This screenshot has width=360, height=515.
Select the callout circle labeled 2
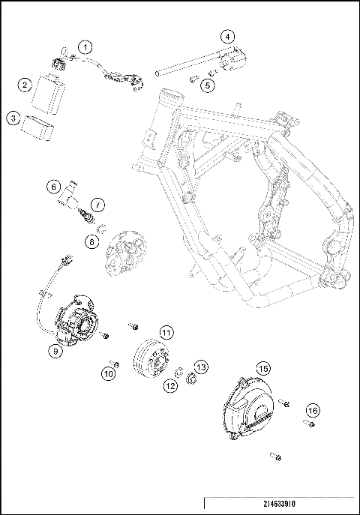point(25,85)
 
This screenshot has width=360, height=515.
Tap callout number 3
point(13,118)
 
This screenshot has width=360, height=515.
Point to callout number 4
point(227,36)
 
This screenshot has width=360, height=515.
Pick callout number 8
point(91,241)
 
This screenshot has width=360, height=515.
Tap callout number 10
point(110,373)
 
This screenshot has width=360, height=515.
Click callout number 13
point(201,367)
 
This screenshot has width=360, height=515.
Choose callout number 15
point(262,369)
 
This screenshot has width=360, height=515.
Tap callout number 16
point(312,410)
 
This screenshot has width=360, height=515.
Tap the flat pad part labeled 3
point(40,127)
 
